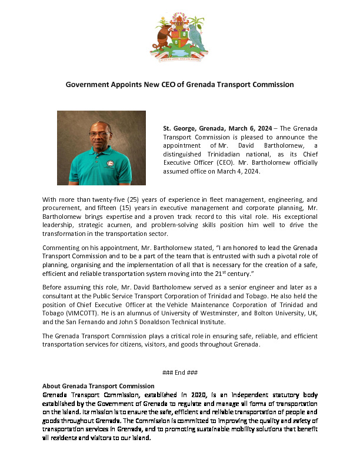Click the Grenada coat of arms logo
click(179, 39)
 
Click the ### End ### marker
click(179, 372)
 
